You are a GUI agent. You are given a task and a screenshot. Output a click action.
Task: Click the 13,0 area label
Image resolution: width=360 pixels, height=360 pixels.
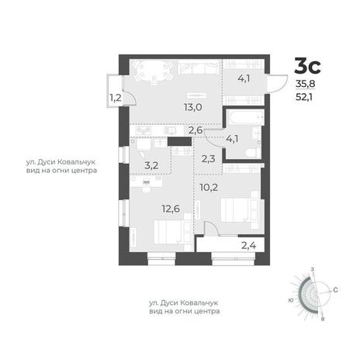tap(193, 107)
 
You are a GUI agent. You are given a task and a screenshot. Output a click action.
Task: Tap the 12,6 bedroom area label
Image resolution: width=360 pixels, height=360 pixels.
tap(171, 208)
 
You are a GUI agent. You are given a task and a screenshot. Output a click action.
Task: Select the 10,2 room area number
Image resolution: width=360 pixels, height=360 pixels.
tap(209, 187)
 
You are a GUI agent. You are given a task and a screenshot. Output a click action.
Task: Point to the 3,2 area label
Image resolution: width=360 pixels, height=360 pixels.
tap(151, 165)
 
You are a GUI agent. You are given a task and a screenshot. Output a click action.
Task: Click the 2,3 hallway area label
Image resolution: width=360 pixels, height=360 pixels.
tap(208, 158)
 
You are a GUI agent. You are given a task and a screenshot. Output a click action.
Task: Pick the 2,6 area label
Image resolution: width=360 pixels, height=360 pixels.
tap(196, 130)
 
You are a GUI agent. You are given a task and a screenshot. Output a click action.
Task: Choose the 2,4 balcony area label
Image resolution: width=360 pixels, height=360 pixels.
tap(249, 245)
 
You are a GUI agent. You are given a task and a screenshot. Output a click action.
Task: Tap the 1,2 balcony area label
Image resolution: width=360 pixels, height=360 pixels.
tap(116, 98)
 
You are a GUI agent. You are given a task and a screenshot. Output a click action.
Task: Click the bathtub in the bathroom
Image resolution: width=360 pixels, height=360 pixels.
tap(245, 117)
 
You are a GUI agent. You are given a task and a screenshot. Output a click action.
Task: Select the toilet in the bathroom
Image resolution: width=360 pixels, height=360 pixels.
tap(253, 152)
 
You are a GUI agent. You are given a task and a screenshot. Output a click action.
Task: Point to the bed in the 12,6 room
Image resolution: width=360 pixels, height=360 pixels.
tap(172, 232)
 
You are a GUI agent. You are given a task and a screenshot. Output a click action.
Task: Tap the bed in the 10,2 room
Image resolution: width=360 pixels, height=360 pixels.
tap(240, 209)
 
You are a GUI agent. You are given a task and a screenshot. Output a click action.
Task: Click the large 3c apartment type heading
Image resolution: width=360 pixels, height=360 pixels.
tap(308, 66)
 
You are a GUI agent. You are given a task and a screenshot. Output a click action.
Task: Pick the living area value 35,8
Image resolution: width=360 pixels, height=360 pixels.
tap(306, 84)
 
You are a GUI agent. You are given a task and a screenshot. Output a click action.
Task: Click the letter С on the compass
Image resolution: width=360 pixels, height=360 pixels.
tap(335, 290)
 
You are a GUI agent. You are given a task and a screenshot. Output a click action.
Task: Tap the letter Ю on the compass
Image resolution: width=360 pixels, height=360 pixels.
tap(291, 300)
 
